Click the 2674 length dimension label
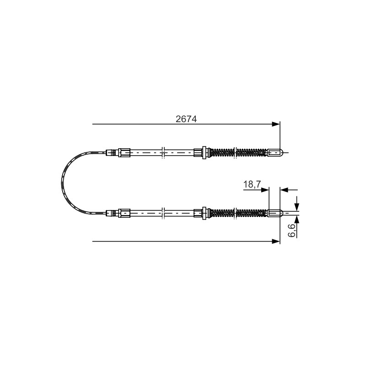pyautogui.click(x=186, y=119)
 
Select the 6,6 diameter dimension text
pyautogui.click(x=292, y=231)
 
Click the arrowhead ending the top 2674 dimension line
pyautogui.click(x=276, y=124)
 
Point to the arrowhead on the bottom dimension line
pyautogui.click(x=276, y=242)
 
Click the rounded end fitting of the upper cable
pyautogui.click(x=275, y=153)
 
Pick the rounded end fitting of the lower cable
pyautogui.click(x=275, y=213)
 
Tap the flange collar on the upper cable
pyautogui.click(x=204, y=153)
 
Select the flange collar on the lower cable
pyautogui.click(x=204, y=213)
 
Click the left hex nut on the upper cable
pyautogui.click(x=124, y=153)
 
